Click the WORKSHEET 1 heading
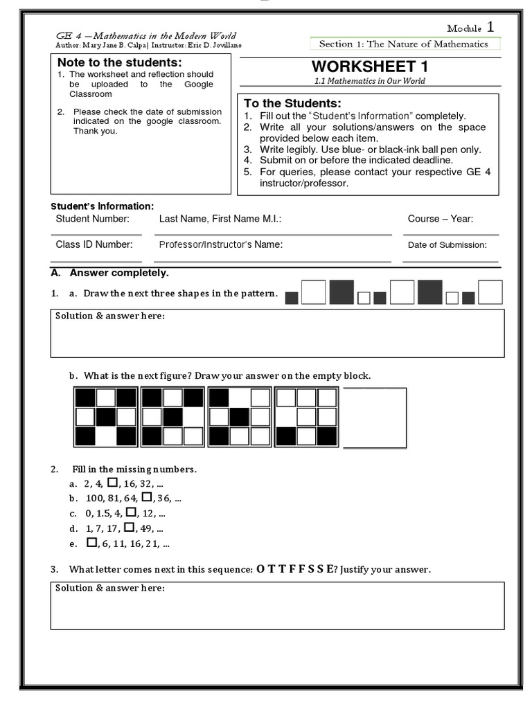369,66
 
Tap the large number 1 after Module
490,27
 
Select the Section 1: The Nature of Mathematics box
403,44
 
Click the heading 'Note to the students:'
120,63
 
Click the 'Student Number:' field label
92,219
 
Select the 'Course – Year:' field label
441,219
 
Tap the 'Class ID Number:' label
94,244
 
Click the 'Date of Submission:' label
447,244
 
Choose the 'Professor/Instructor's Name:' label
221,244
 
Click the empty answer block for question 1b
375,418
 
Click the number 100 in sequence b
94,498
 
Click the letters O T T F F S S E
294,569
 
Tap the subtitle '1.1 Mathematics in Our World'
369,81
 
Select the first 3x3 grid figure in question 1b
105,418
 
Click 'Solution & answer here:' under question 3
110,588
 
